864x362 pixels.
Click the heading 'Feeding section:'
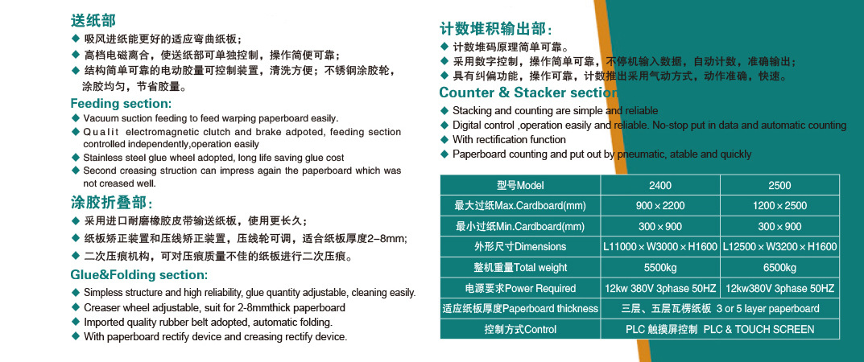point(121,104)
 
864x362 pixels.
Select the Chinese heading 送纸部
point(93,21)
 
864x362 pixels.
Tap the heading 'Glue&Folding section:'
point(138,275)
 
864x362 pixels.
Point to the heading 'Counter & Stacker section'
point(528,92)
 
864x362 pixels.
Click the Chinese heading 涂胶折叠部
point(110,203)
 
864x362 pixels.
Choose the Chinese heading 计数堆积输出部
point(495,29)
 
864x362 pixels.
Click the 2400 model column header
point(660,185)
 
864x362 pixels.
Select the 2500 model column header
point(779,185)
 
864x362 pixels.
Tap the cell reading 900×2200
point(660,206)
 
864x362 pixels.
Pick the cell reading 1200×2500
point(779,206)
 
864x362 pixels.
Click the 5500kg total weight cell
point(660,268)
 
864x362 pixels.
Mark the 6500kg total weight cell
point(779,268)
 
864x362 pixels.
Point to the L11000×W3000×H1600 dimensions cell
point(660,247)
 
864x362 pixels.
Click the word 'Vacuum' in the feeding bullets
point(99,118)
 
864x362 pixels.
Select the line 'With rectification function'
point(509,140)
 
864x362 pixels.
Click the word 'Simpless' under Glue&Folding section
point(102,294)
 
